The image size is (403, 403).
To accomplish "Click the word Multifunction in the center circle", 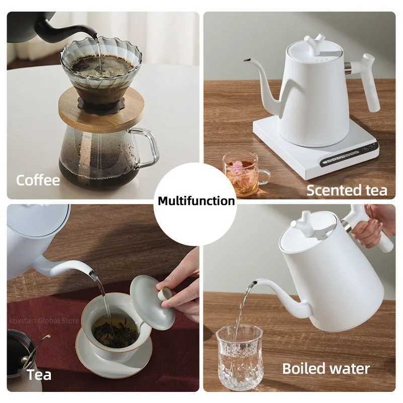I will click(196, 201).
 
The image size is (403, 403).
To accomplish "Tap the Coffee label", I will click(38, 180).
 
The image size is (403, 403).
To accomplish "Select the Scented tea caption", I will click(347, 190).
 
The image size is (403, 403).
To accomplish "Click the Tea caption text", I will click(39, 374).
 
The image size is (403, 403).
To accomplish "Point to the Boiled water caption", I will click(325, 368).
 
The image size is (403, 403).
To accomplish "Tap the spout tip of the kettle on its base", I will click(247, 60).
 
